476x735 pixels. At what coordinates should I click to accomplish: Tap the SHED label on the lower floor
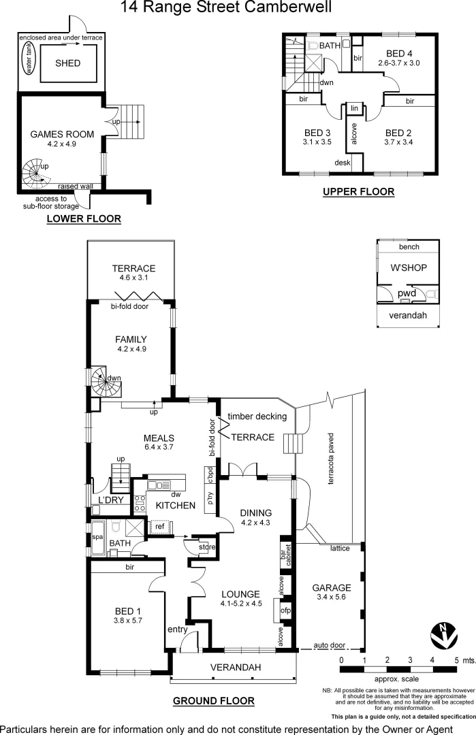(67, 63)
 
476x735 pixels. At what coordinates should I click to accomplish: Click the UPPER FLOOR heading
(358, 192)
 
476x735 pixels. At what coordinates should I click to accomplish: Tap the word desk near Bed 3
(342, 163)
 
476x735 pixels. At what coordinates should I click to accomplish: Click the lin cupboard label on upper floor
(354, 108)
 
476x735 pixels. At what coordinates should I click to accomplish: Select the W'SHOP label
(409, 267)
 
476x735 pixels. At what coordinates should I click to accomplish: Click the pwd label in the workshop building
(407, 293)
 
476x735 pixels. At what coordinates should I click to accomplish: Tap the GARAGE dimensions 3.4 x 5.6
(332, 598)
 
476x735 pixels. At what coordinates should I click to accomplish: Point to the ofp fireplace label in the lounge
(286, 611)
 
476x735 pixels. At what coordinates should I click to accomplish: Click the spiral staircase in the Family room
(106, 382)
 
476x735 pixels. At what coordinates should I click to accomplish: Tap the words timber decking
(257, 416)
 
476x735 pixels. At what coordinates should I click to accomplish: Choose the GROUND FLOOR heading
(213, 700)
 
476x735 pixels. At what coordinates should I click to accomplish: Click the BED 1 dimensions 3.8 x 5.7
(128, 620)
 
